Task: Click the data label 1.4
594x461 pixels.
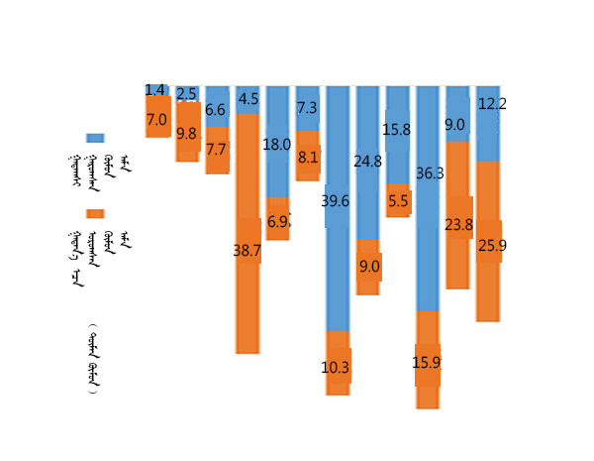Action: [x=155, y=90]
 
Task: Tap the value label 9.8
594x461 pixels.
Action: [x=187, y=134]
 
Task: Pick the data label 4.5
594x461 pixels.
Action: [x=248, y=99]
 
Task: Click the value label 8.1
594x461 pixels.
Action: [x=308, y=157]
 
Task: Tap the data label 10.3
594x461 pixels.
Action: [x=338, y=367]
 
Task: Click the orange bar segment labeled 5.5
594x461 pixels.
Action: [x=399, y=200]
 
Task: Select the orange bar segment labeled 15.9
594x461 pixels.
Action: [x=428, y=362]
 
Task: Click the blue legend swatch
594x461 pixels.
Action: [x=96, y=139]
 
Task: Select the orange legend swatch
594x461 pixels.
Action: [x=96, y=213]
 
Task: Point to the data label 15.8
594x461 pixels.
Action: [x=399, y=130]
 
